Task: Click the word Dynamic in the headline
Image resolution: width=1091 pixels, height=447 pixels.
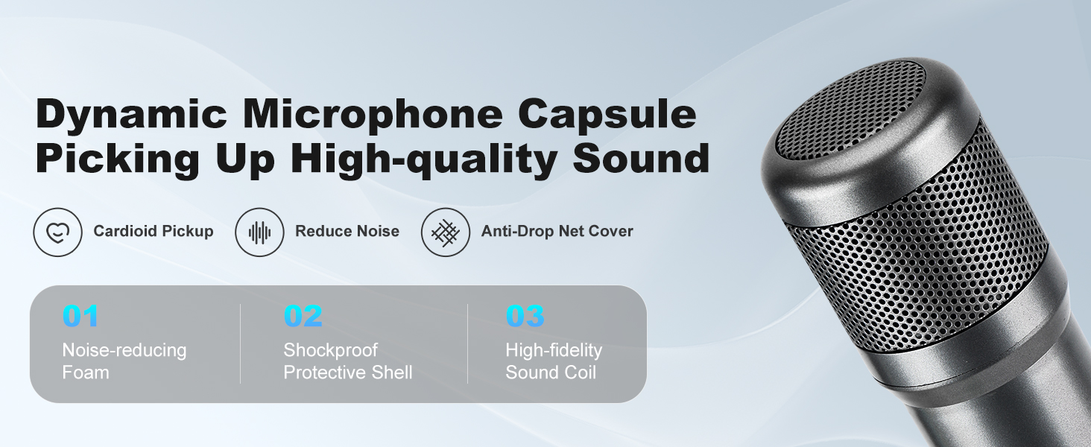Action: pos(130,114)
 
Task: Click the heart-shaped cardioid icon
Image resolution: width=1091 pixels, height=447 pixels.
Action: pos(57,232)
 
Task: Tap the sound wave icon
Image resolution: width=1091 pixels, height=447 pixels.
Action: pos(259,232)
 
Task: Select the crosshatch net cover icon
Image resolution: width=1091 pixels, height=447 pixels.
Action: pos(446,232)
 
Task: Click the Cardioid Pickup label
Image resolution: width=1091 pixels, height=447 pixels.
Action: pos(154,232)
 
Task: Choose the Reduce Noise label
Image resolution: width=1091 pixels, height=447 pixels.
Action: pos(347,232)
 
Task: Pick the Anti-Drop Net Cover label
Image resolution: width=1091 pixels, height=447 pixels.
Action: pos(557,232)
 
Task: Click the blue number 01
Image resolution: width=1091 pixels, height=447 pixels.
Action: pos(80,317)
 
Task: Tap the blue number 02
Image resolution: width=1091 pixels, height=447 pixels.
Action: pos(303,317)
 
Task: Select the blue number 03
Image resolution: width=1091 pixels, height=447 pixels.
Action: pos(525,317)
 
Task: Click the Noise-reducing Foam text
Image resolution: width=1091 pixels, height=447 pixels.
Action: pos(124,361)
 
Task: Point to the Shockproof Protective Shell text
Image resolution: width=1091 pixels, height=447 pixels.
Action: pos(347,361)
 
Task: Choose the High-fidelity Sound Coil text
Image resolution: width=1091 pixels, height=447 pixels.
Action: pos(553,361)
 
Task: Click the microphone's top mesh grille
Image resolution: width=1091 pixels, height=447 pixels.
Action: pos(850,104)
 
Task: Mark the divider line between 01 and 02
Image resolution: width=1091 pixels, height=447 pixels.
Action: pos(241,344)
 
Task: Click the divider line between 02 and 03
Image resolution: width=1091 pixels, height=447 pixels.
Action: pos(468,344)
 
